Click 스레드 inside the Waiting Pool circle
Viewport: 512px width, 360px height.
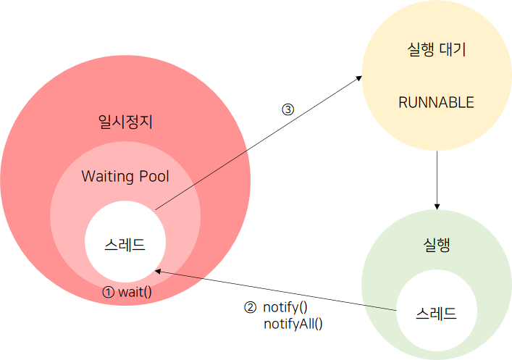click(125, 244)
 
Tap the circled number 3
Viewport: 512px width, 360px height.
click(288, 110)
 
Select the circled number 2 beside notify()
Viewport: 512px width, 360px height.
click(250, 307)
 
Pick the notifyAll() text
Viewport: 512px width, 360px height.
click(293, 323)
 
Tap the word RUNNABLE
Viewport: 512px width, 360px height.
click(436, 102)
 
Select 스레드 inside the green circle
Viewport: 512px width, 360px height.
click(436, 314)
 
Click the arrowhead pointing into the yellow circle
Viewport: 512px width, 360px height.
click(360, 78)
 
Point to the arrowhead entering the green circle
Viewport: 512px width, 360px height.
click(437, 205)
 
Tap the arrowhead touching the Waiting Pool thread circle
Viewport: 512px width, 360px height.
click(159, 270)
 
